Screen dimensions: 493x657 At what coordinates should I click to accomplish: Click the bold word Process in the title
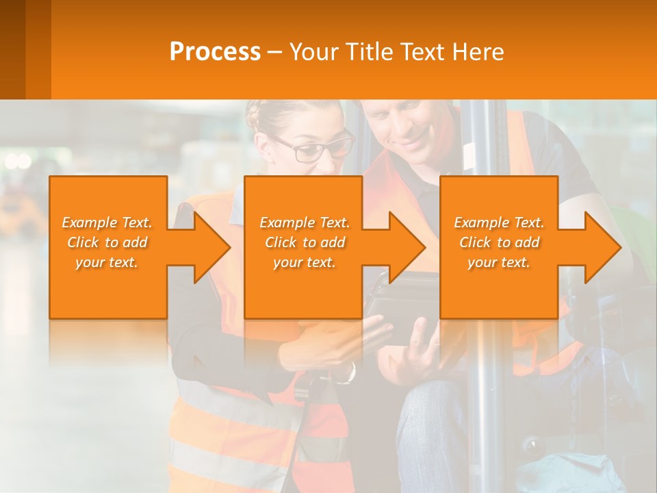215,52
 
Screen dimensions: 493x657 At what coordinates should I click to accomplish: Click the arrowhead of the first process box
209,247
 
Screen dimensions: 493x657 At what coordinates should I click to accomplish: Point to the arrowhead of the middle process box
404,247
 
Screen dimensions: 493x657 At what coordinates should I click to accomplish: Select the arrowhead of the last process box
600,247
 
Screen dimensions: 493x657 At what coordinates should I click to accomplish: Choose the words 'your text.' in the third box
499,262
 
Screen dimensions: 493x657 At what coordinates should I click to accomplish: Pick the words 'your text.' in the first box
107,262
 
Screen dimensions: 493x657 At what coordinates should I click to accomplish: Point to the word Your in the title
312,52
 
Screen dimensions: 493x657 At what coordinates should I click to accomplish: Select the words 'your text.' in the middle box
305,262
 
